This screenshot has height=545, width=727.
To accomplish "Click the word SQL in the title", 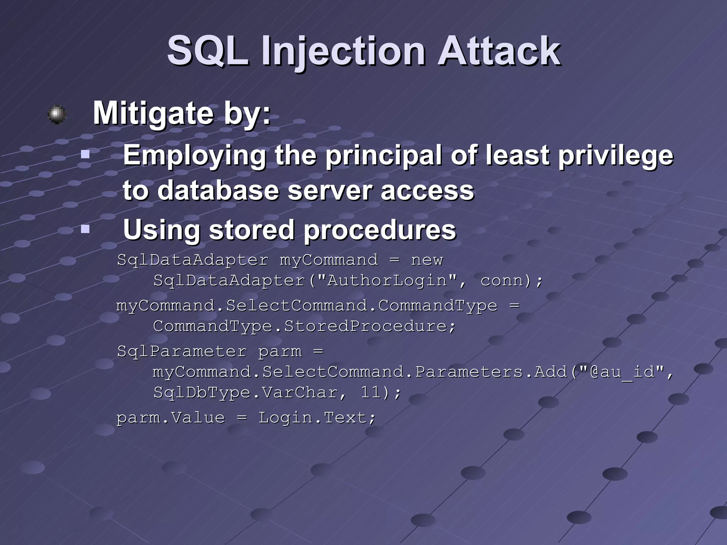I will click(208, 51).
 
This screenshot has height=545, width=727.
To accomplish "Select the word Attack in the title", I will click(499, 51).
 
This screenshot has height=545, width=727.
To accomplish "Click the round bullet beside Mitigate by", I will click(57, 114).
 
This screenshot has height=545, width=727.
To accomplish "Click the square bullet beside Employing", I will click(85, 154).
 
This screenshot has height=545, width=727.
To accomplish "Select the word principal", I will click(384, 155).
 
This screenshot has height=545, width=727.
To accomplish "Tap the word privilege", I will click(616, 155).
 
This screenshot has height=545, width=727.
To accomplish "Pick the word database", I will click(218, 191).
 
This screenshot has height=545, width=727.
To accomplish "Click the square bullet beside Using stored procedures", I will click(85, 229).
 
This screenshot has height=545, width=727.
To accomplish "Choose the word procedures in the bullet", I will click(380, 230).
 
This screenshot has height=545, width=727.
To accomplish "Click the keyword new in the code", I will click(427, 260).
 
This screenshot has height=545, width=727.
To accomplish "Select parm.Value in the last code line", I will click(171, 418).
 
